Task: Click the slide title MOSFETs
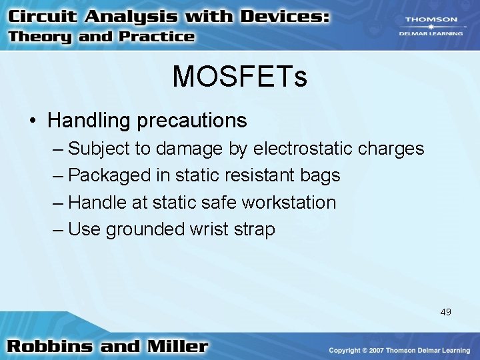point(240,77)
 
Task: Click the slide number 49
point(445,311)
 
